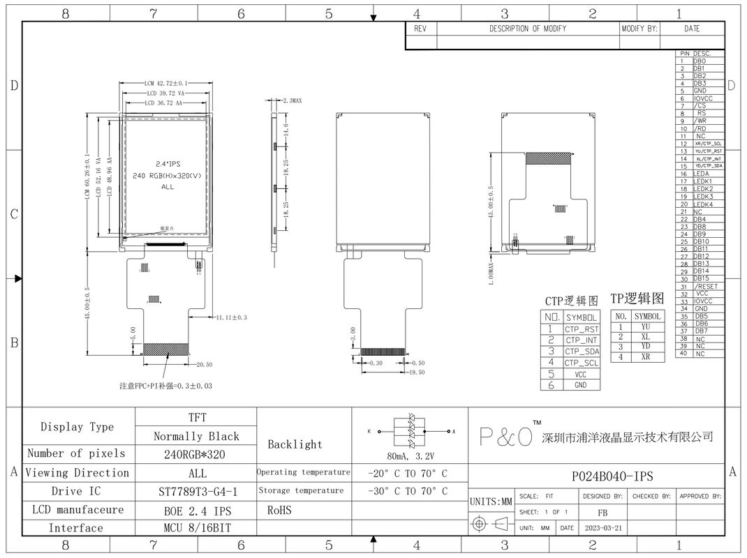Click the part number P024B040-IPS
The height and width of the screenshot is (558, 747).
click(x=612, y=476)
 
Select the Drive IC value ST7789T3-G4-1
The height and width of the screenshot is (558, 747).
click(x=198, y=491)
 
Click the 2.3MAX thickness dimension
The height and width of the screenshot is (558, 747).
click(x=291, y=101)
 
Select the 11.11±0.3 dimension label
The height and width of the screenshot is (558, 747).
click(x=232, y=317)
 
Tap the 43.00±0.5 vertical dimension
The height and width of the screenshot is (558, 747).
click(x=491, y=202)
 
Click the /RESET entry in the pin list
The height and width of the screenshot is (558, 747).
click(x=706, y=286)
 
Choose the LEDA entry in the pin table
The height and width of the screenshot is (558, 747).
click(x=701, y=174)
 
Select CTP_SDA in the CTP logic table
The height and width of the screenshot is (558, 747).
click(x=582, y=352)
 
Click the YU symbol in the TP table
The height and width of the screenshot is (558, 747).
click(x=646, y=326)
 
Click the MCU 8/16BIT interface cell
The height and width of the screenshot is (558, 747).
click(x=198, y=528)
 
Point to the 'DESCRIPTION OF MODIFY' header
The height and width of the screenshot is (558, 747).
click(x=527, y=29)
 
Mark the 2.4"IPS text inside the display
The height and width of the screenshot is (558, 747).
click(x=167, y=163)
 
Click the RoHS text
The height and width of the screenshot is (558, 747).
click(x=279, y=510)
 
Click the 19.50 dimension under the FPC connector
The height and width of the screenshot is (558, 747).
click(x=417, y=372)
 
